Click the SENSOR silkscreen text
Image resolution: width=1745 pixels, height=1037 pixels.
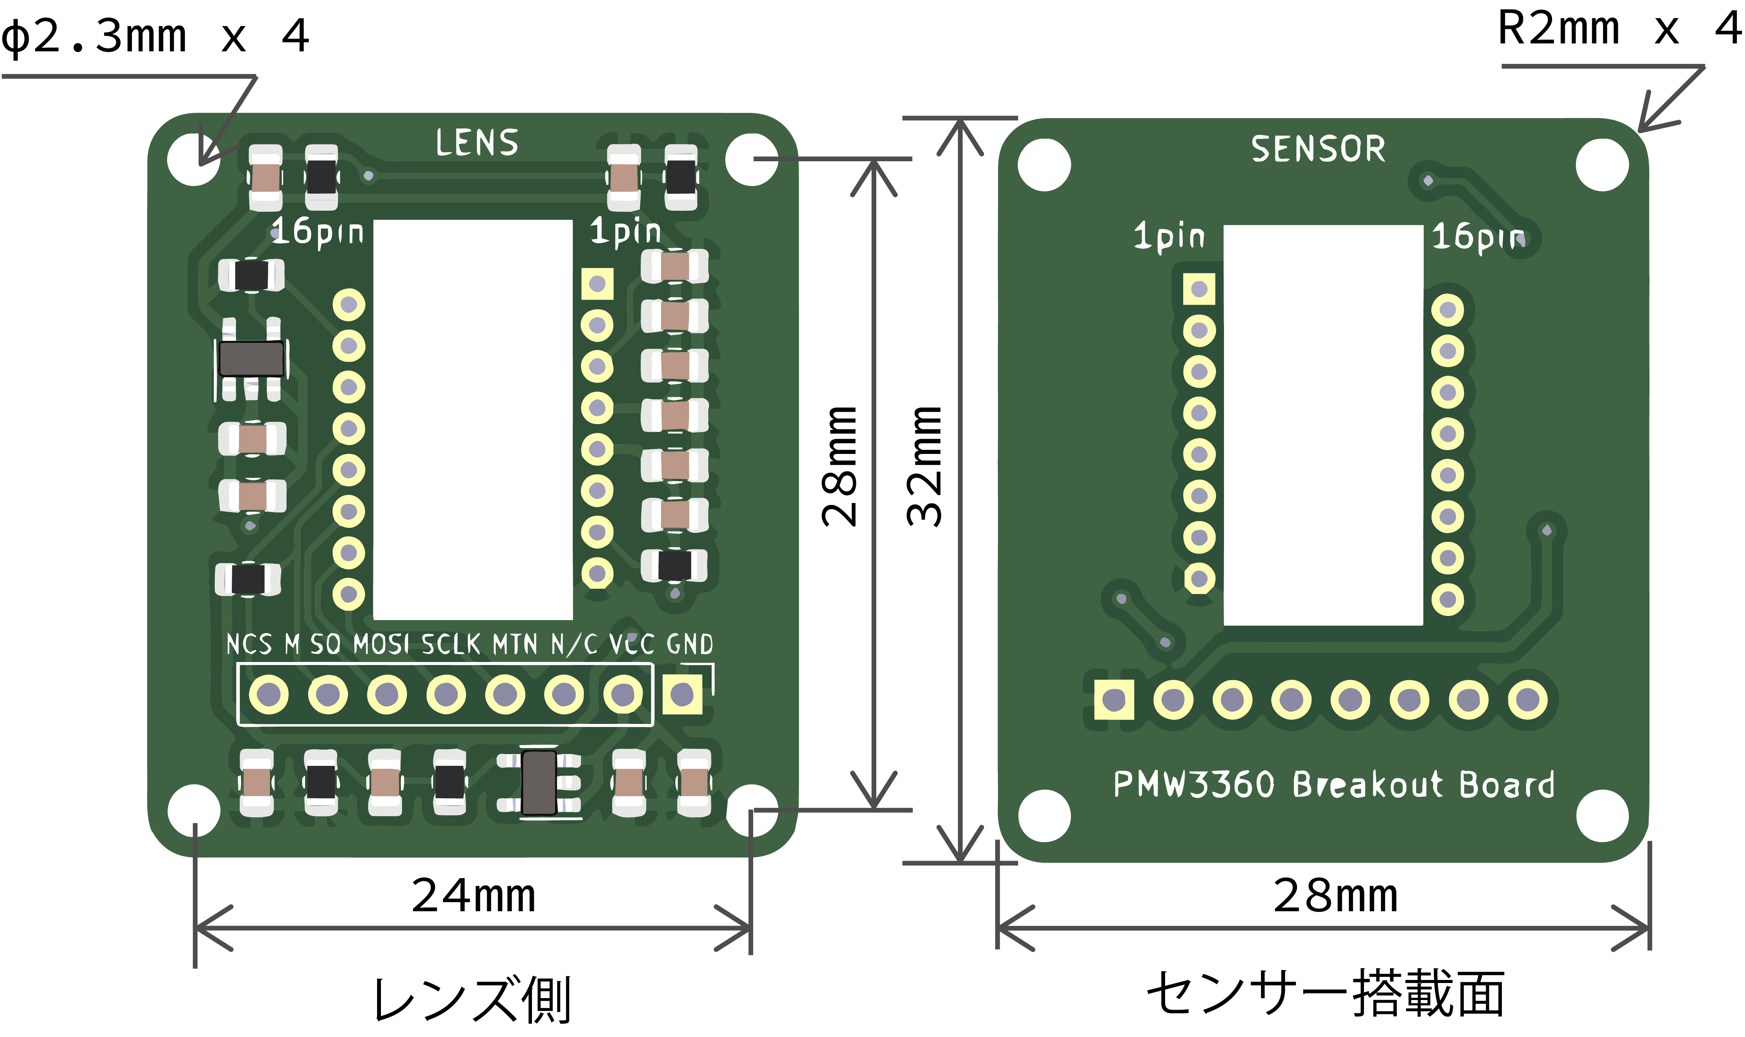(1318, 149)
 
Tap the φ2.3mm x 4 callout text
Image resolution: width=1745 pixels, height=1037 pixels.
(155, 36)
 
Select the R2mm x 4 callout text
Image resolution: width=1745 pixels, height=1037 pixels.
(1619, 29)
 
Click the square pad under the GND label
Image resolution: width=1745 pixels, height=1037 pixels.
(682, 694)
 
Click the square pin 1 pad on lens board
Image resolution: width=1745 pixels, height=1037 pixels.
(597, 284)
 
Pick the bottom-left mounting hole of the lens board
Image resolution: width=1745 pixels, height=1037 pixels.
(194, 810)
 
